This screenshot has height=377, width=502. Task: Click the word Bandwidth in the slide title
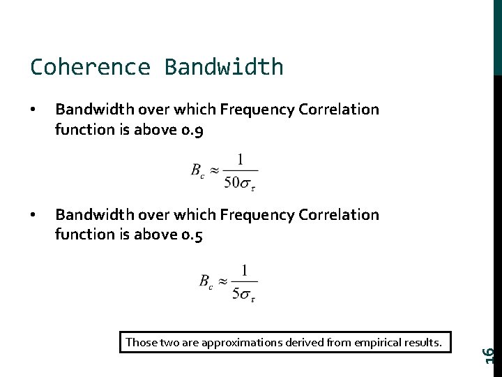click(224, 67)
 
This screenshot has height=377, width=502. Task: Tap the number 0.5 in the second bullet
click(192, 235)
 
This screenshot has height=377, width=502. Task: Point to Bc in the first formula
click(198, 170)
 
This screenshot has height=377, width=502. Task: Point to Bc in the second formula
click(206, 281)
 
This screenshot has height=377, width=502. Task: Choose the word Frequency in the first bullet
click(257, 110)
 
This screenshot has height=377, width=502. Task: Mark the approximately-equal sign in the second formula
click(222, 281)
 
